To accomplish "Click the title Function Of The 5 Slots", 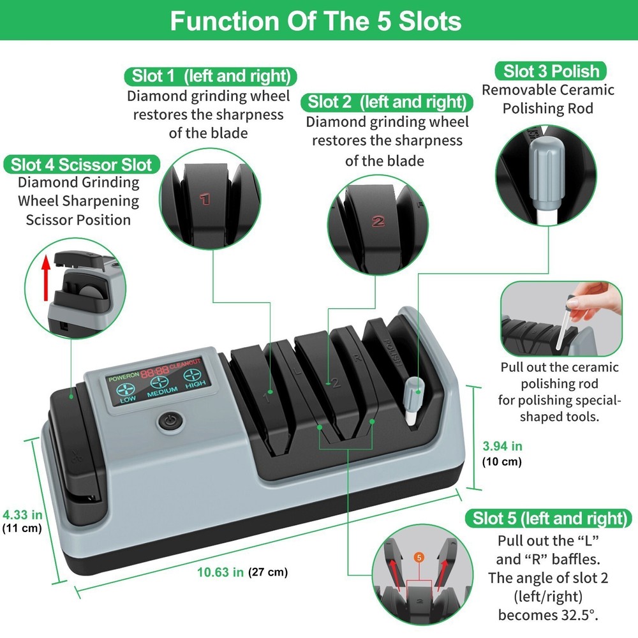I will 316,21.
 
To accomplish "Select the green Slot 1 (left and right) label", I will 211,77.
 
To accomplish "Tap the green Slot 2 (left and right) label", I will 387,102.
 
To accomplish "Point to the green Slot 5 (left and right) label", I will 549,518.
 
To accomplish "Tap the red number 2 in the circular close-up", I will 378,222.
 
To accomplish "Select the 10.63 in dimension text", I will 221,572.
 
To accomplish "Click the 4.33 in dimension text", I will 22,514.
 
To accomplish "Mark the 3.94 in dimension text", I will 503,446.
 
